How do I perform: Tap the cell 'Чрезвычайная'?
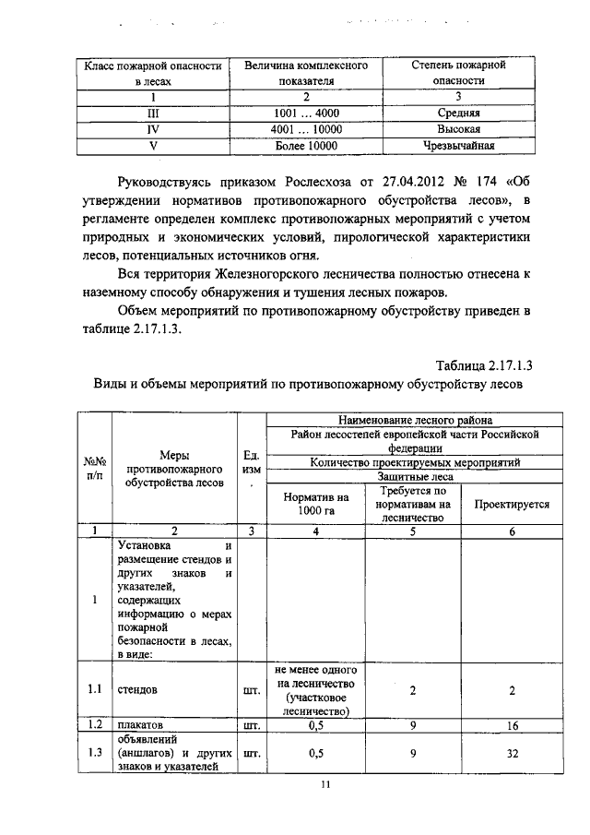pyautogui.click(x=459, y=145)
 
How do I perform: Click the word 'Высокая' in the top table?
pyautogui.click(x=459, y=129)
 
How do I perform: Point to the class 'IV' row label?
pyautogui.click(x=153, y=129)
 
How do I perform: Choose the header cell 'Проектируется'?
pyautogui.click(x=511, y=505)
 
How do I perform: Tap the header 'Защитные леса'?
pyautogui.click(x=415, y=476)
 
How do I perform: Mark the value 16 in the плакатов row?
pyautogui.click(x=512, y=725)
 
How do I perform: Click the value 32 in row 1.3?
pyautogui.click(x=512, y=752)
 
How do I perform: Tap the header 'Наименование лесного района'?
pyautogui.click(x=415, y=420)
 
